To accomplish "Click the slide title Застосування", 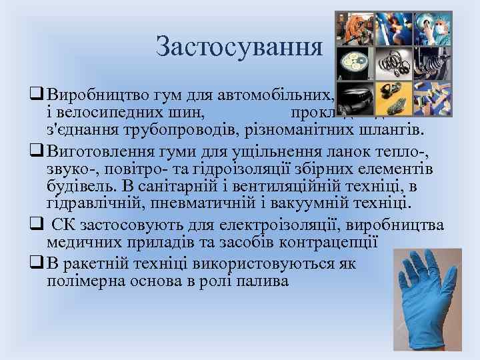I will click(239, 47).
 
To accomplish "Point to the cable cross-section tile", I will click(355, 63).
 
